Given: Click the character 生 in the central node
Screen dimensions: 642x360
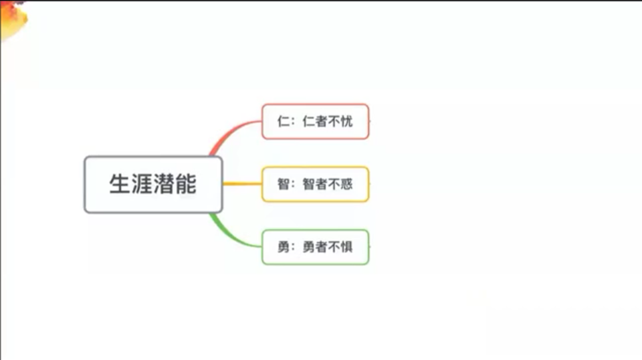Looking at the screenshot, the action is click(120, 183).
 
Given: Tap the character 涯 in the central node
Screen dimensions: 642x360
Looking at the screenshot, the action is click(142, 183).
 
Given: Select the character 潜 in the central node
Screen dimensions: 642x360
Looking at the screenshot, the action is click(164, 183).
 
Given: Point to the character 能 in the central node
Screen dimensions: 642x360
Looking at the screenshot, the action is click(186, 183).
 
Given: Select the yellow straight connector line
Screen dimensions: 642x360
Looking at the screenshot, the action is click(242, 184).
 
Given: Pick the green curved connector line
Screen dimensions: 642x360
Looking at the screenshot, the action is click(230, 235).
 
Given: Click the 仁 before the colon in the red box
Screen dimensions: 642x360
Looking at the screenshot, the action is click(284, 121).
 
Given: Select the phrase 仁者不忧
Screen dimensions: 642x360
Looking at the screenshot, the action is click(328, 121).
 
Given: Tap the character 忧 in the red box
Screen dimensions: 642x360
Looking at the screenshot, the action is click(346, 121).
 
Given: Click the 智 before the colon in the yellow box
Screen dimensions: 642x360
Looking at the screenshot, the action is click(284, 184).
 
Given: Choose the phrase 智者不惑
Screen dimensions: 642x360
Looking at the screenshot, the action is click(328, 184).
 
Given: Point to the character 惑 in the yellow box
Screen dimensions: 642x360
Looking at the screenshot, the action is click(346, 184).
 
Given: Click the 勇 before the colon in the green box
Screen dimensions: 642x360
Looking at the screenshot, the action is click(284, 246).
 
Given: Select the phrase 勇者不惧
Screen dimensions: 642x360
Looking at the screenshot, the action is click(328, 246).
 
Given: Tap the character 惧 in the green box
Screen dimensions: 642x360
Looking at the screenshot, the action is click(346, 246).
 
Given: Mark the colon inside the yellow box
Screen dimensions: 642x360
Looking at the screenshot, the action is click(293, 185).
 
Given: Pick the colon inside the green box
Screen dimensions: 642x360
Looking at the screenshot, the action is click(293, 248).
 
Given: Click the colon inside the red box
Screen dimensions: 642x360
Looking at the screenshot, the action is click(293, 122).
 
